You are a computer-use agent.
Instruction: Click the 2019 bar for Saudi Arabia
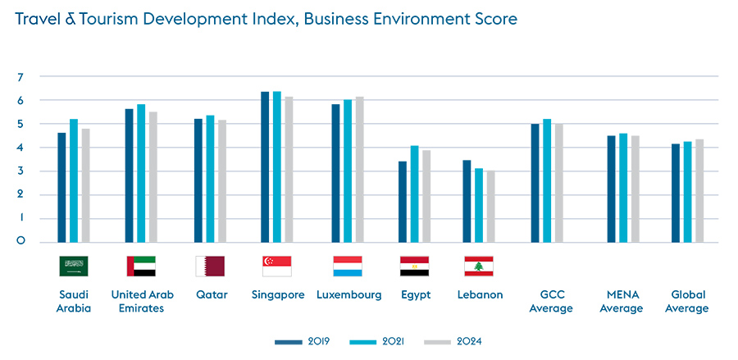point(61,188)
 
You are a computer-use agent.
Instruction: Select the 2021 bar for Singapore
point(276,167)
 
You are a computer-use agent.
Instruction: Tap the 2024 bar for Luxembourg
point(359,170)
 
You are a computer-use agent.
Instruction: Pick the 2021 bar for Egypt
point(414,194)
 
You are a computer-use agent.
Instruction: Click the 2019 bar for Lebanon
point(467,202)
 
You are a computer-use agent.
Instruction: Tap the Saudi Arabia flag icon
point(74,266)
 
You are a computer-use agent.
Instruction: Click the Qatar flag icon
point(210,266)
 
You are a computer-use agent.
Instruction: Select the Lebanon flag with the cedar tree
point(479,266)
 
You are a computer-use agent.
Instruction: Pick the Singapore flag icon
point(276,266)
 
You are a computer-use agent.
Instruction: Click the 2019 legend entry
point(301,341)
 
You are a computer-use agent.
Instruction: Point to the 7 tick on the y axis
point(20,77)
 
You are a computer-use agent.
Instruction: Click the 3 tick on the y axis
point(20,171)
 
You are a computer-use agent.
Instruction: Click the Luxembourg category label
point(348,294)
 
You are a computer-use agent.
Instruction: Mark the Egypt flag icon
point(414,266)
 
